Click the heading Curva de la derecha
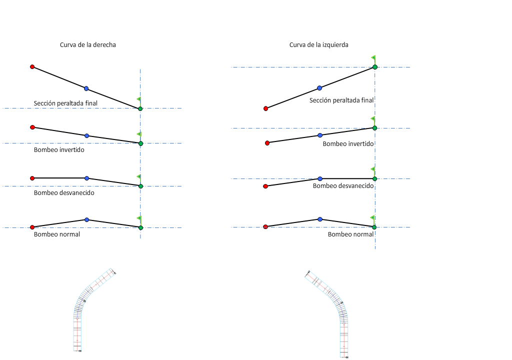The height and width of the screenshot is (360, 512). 88,45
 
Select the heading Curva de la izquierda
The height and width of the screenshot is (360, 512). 319,45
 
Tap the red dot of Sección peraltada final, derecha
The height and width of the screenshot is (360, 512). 32,66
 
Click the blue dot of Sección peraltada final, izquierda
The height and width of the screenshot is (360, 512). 319,88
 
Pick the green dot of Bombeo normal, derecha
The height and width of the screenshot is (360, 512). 140,227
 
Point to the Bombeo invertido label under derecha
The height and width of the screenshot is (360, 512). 59,149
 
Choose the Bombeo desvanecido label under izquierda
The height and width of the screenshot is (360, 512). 343,185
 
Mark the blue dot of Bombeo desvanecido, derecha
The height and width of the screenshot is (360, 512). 87,178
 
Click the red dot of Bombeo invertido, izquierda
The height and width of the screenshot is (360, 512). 267,143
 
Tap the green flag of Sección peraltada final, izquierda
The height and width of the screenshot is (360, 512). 373,58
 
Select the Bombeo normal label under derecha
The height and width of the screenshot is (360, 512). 57,234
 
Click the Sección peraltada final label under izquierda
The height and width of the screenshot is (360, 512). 341,100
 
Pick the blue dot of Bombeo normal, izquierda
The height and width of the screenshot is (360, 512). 320,219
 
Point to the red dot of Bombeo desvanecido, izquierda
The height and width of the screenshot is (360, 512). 265,186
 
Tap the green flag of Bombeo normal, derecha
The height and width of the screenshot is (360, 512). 139,218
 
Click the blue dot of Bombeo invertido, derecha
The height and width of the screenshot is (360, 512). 87,135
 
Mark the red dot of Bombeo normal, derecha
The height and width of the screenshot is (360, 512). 32,227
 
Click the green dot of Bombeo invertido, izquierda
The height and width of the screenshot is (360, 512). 374,127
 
